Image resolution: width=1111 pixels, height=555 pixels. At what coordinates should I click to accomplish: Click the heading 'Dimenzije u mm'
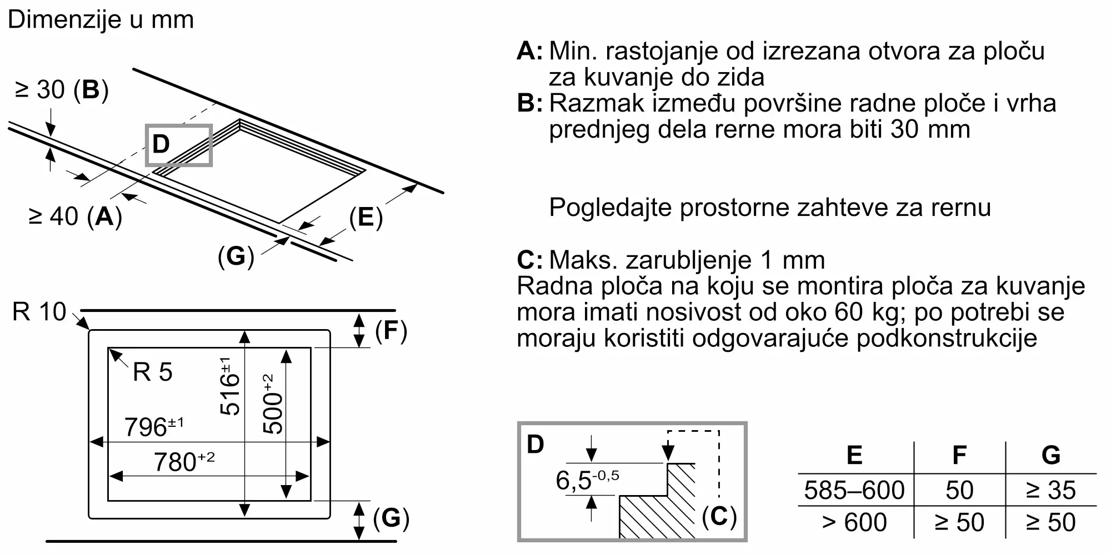point(101,20)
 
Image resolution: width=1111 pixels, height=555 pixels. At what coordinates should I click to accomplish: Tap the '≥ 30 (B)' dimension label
point(62,90)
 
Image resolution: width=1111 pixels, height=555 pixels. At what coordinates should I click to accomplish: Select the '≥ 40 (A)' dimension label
point(75,216)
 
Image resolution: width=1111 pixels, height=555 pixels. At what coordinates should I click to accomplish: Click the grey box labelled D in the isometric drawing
point(178,145)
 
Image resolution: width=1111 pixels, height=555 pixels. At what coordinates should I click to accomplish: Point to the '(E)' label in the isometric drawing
point(366,217)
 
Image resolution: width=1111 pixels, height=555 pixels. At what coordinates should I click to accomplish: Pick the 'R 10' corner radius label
point(39,312)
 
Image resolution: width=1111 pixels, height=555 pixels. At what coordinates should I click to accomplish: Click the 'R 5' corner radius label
point(153,372)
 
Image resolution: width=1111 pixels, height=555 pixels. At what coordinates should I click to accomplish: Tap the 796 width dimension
point(153,427)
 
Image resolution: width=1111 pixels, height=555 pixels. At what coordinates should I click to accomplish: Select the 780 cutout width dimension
point(183,462)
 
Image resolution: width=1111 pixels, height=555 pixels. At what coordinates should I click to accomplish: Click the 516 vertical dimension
point(229,387)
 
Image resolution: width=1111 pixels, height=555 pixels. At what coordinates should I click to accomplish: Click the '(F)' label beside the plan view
point(391,331)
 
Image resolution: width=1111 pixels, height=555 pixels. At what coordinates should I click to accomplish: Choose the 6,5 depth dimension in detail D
point(587,480)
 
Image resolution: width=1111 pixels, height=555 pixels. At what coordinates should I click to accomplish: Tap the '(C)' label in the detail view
point(719,517)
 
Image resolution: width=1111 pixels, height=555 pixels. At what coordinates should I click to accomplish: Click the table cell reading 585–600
point(854,490)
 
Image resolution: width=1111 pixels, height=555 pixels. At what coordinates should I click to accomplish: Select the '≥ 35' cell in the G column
point(1050,490)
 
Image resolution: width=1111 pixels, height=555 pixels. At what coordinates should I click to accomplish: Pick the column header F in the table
point(959,455)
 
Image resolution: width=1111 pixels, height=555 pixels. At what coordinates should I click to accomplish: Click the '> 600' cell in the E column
point(854,522)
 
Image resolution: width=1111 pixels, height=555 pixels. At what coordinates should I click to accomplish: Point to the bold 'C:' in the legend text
point(530,260)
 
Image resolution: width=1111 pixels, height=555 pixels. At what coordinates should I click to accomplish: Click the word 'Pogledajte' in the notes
point(609,208)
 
